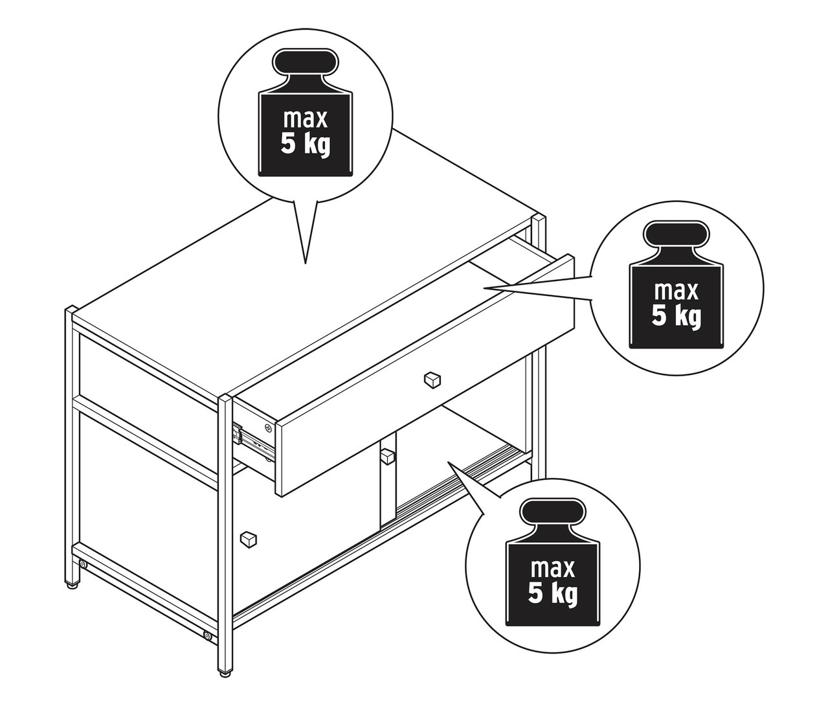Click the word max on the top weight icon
tap(305, 120)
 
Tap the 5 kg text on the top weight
tap(305, 144)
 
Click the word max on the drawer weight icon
tap(676, 291)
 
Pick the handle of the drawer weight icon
tap(676, 236)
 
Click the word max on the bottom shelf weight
tap(553, 568)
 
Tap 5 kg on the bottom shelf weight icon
tap(553, 593)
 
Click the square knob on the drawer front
tap(431, 379)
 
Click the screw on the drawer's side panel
tap(269, 427)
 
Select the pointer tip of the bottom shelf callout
tap(447, 462)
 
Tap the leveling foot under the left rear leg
tap(75, 587)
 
